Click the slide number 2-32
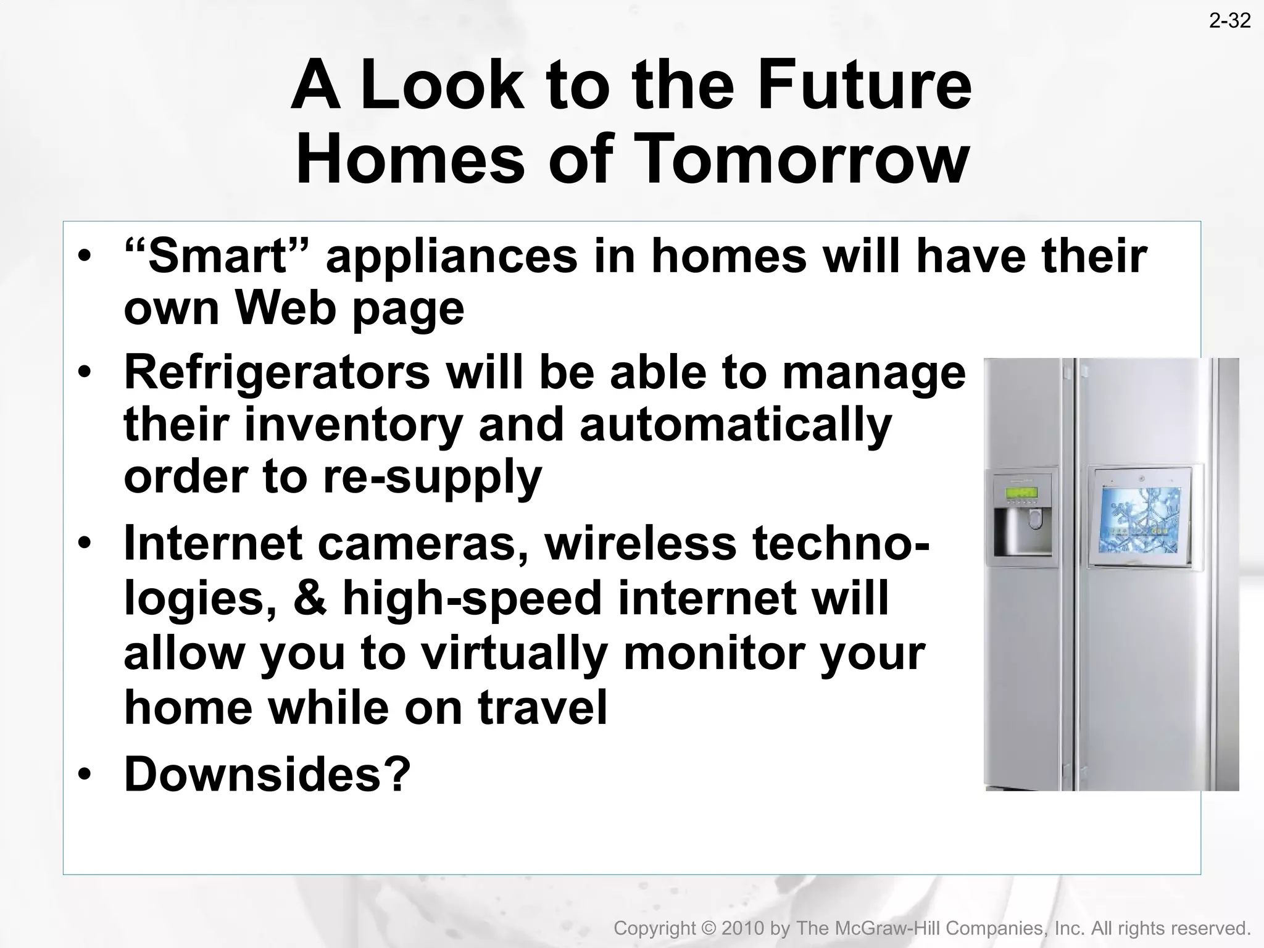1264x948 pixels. coord(1229,22)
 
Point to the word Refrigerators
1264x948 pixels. coord(277,372)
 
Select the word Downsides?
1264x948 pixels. coord(267,774)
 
